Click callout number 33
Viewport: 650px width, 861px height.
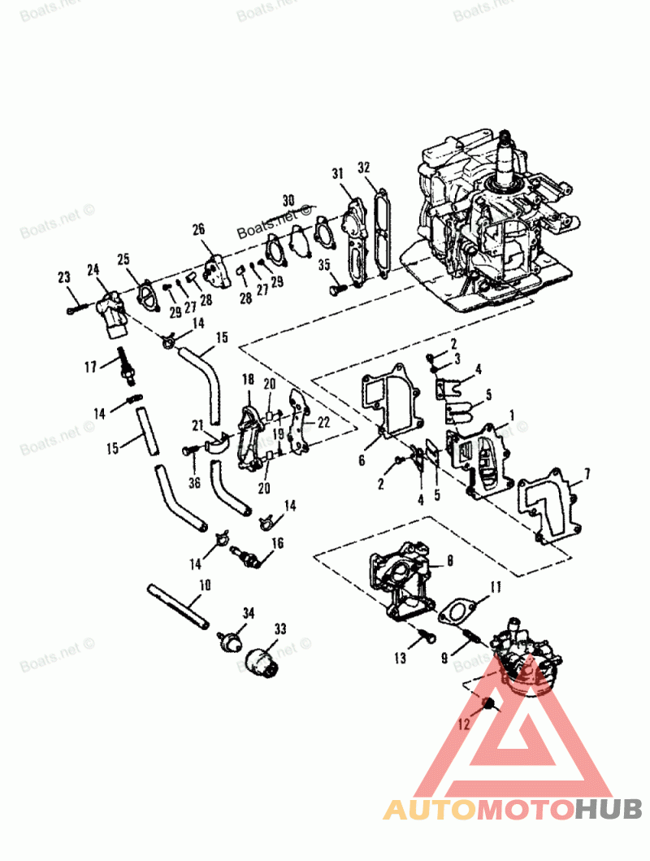point(280,628)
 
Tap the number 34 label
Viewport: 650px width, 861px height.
point(249,611)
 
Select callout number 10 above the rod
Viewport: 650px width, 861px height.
point(204,585)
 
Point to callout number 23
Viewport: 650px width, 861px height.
point(64,279)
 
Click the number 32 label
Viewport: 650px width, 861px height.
point(363,167)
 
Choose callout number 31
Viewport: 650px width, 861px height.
point(338,173)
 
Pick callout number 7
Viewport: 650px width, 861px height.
point(587,472)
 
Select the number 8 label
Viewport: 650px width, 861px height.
point(450,561)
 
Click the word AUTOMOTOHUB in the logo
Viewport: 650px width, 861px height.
point(512,810)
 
